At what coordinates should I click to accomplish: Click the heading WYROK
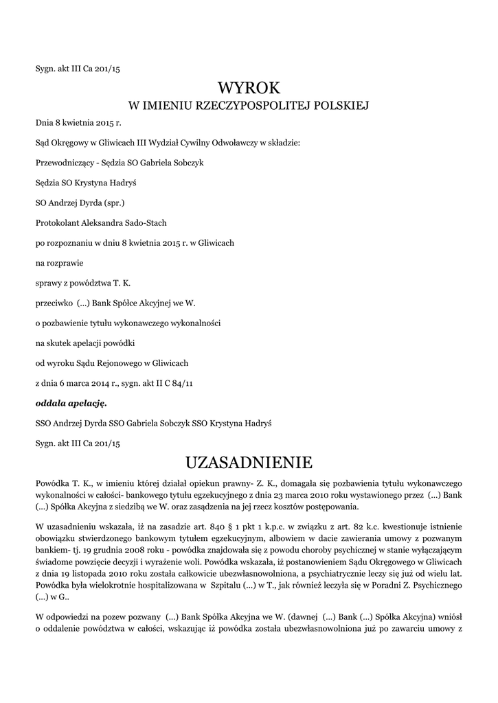(x=249, y=88)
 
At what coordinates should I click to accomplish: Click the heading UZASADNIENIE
(x=249, y=461)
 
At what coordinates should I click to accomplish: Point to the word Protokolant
(x=58, y=222)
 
